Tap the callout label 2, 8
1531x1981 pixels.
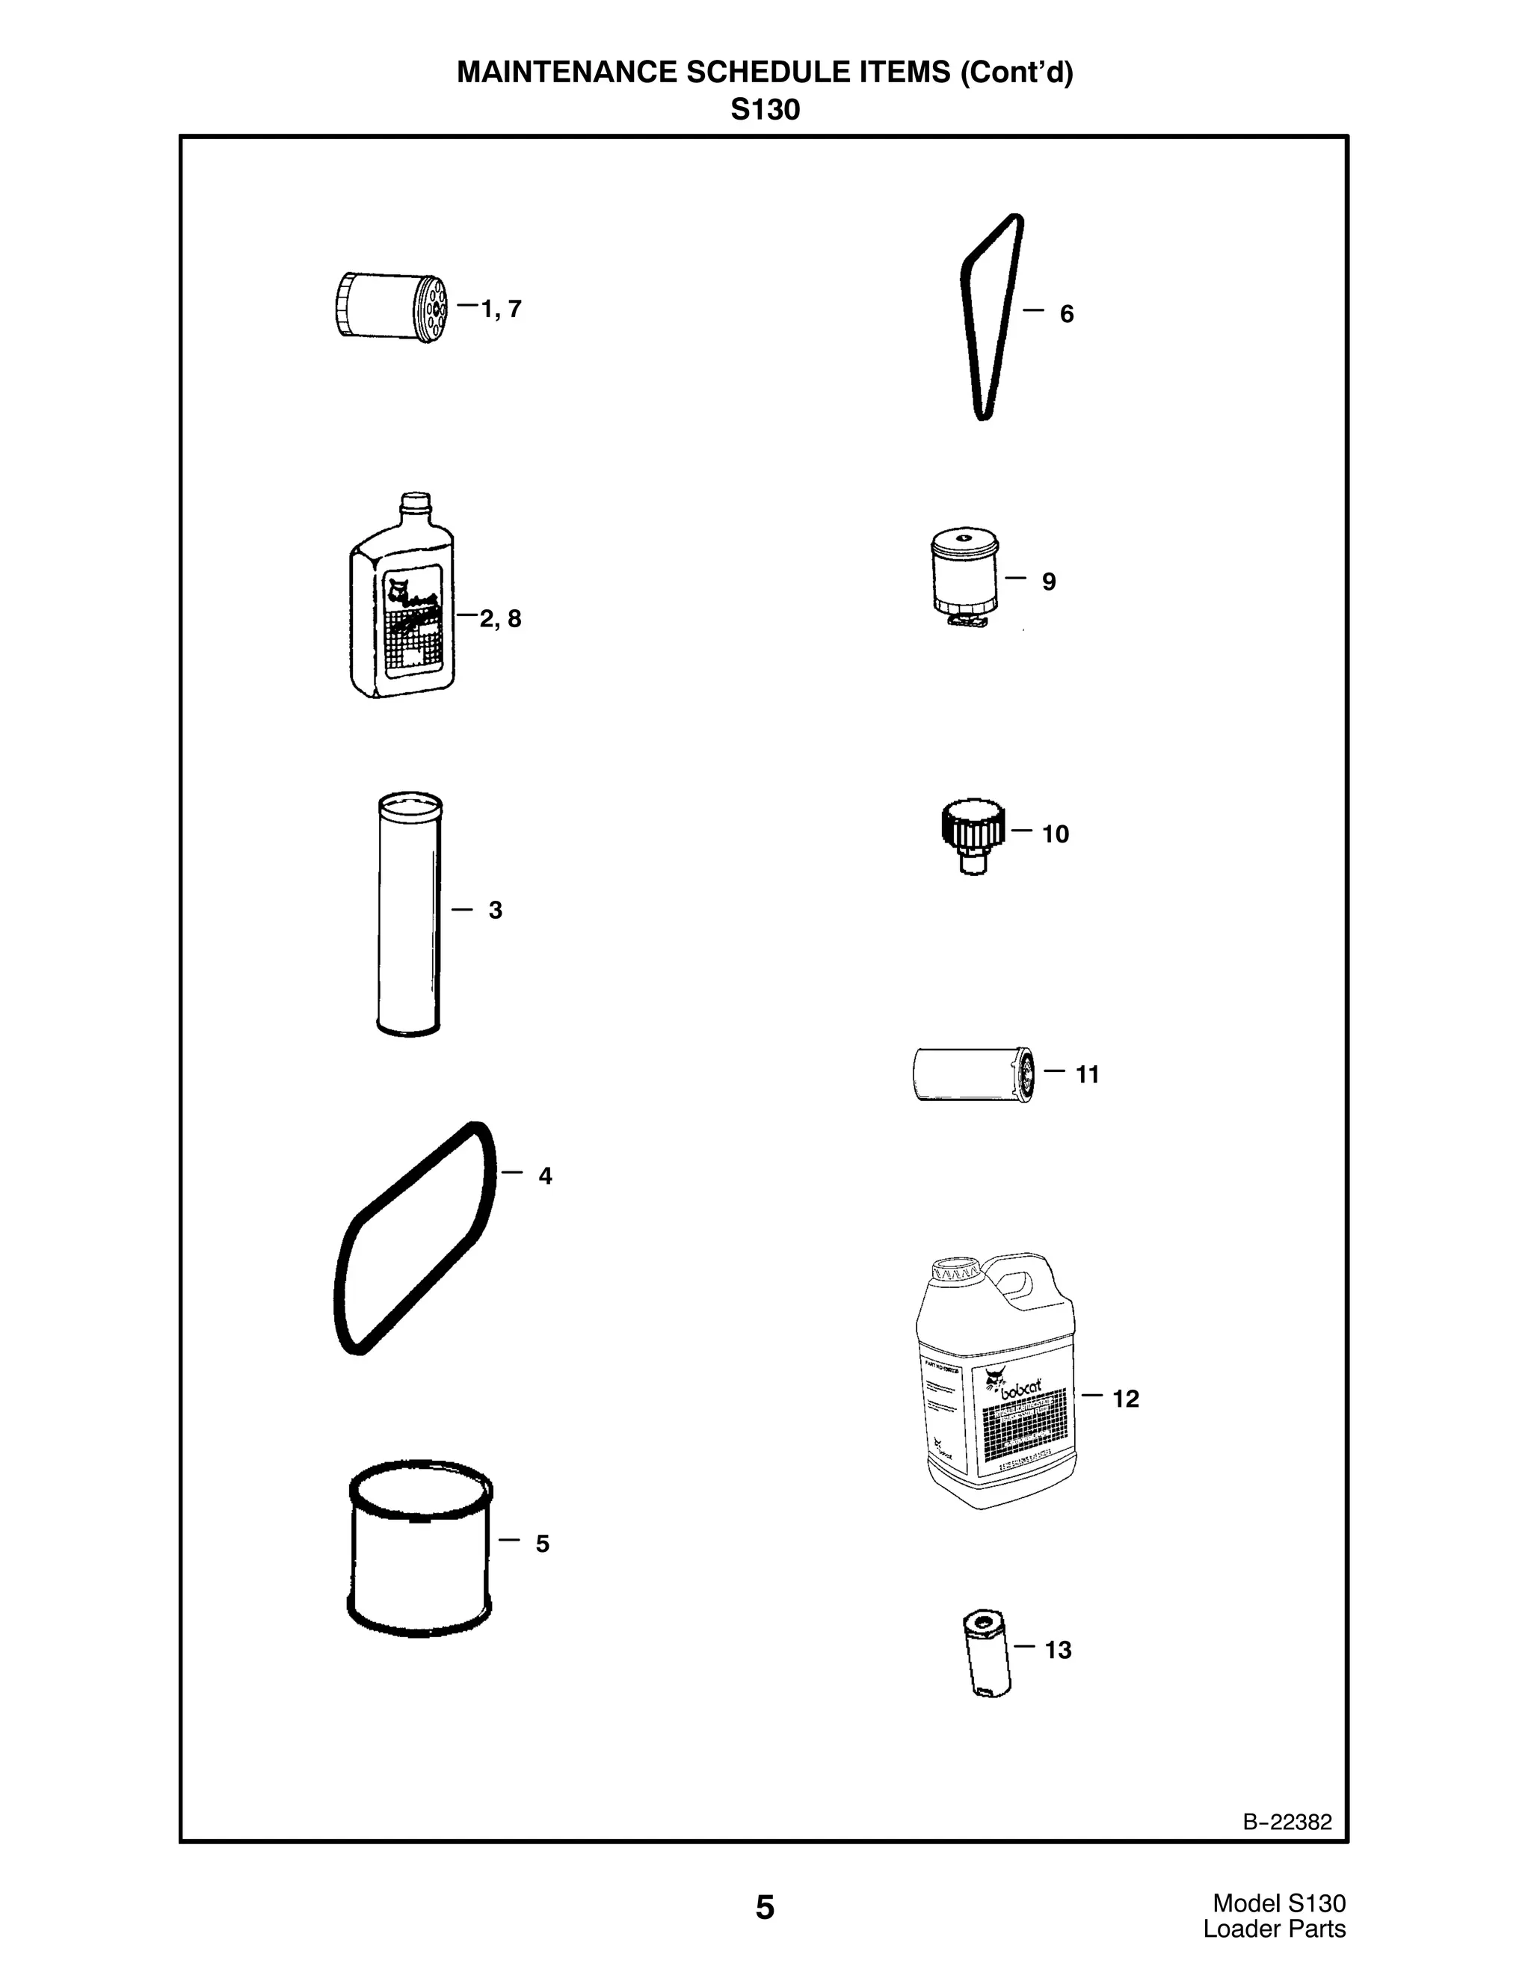tap(501, 619)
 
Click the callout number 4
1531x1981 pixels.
tap(544, 1176)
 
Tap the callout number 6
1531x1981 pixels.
tap(1067, 314)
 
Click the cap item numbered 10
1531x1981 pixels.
tap(971, 832)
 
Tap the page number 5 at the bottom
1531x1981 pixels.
tap(765, 1908)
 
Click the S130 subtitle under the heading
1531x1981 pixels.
tap(765, 111)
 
